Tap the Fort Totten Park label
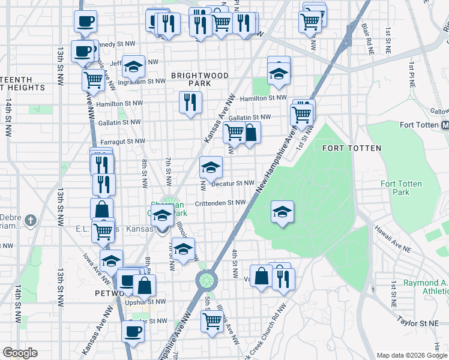pos(401,188)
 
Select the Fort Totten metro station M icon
pos(445,125)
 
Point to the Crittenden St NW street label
pos(220,203)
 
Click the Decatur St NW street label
pos(234,183)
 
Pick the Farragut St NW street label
pos(122,142)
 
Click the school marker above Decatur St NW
pos(211,167)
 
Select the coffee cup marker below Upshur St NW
pos(133,331)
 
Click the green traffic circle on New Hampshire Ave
pos(206,280)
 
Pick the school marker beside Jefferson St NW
pos(133,67)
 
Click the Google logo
pos(20,353)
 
